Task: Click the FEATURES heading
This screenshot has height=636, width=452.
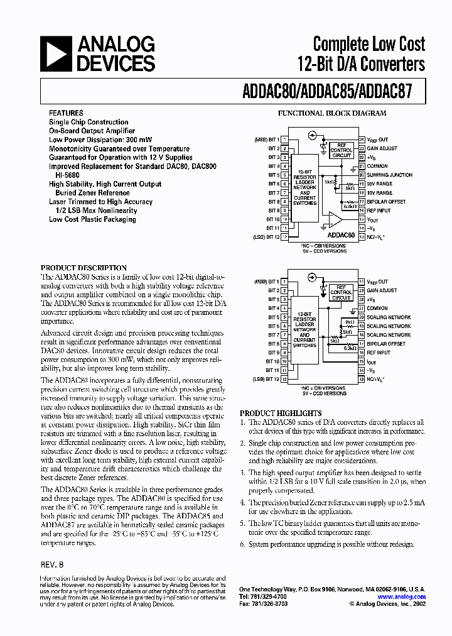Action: (66, 113)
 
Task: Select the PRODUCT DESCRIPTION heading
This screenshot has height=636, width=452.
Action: (83, 268)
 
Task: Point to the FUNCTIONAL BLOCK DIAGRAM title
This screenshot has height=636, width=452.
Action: (332, 114)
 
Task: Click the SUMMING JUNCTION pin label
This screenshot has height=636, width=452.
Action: (389, 175)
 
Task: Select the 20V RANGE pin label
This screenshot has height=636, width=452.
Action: (380, 184)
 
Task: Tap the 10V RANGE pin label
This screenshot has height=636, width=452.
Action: (380, 192)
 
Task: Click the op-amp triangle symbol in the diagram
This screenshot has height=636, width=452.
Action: (335, 219)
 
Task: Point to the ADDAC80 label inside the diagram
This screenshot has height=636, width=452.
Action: (342, 235)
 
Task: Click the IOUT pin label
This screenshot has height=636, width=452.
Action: (372, 362)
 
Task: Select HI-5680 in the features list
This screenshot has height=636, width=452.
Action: (68, 175)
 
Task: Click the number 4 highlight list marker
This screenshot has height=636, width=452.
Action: (243, 502)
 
